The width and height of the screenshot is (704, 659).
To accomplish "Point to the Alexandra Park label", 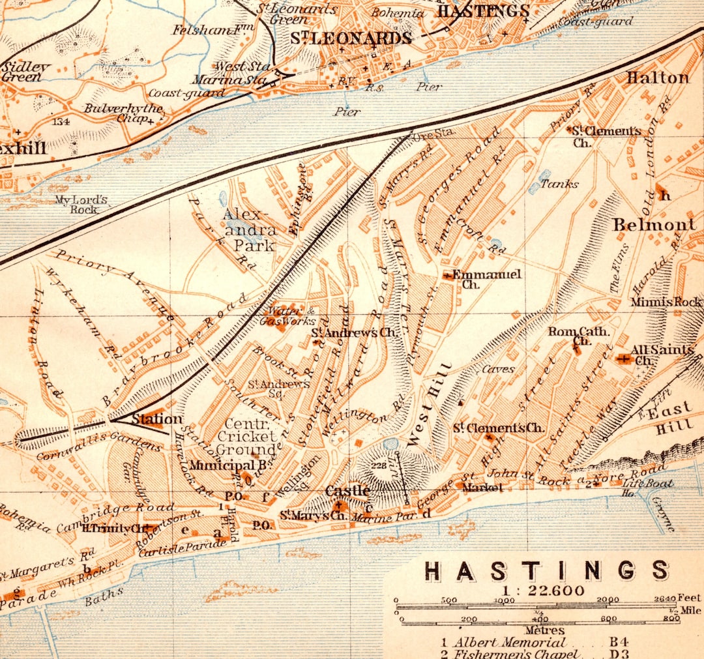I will click(x=249, y=229).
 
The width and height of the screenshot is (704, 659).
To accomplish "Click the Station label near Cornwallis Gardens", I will click(x=157, y=419).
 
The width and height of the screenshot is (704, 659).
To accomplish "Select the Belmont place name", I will click(x=654, y=225).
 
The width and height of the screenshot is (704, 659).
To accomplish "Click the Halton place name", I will click(x=657, y=78).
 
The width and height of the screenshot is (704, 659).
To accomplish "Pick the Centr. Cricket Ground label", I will click(x=246, y=437).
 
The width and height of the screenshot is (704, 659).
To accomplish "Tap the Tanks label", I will click(x=559, y=184).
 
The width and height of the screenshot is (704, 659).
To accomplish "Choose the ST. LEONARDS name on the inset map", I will click(x=351, y=38).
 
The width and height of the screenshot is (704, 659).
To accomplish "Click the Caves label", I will click(x=498, y=369).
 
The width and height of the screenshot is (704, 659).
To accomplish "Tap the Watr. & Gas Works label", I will click(x=287, y=316).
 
